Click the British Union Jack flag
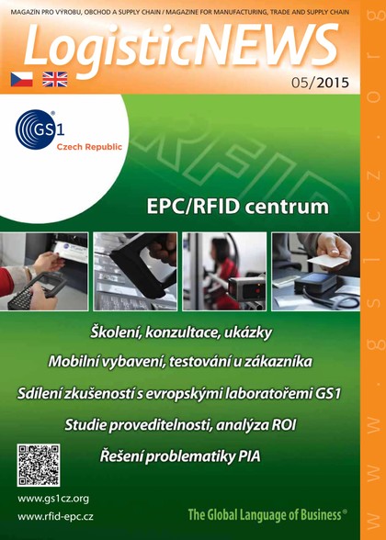(54, 79)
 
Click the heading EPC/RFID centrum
(237, 205)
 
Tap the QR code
(38, 465)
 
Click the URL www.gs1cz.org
(53, 499)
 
